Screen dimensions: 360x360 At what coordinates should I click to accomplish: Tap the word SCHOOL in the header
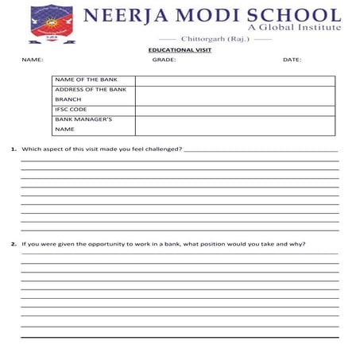point(288,15)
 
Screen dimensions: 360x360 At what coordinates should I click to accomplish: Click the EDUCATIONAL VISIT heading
point(180,50)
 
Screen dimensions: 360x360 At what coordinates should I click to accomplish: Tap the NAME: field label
point(33,60)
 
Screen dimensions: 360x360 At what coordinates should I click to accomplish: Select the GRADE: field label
point(164,60)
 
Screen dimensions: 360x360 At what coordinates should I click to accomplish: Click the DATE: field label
point(292,60)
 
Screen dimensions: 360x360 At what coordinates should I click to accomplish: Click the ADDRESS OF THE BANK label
point(91,90)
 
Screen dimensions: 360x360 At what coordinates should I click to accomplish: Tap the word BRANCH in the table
point(68,99)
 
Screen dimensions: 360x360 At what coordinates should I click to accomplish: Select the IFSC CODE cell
point(72,110)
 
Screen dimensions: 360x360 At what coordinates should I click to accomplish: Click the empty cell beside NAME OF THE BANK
point(234,80)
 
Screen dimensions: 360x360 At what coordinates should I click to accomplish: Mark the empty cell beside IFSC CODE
point(234,110)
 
